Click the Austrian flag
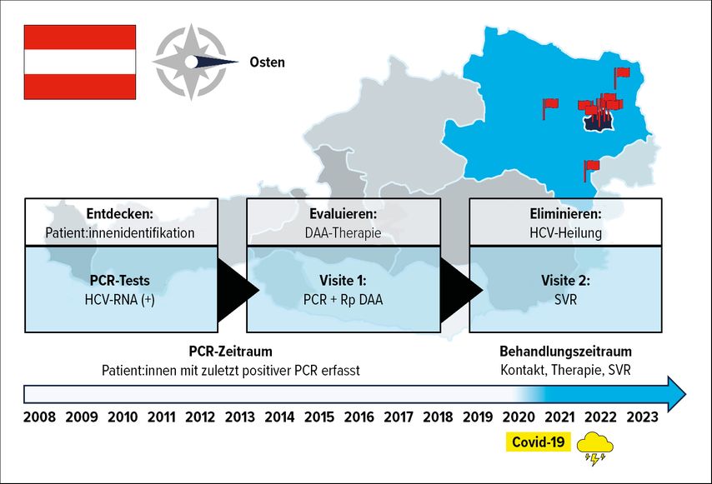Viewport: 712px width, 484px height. coord(80,62)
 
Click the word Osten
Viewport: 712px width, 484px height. coord(267,62)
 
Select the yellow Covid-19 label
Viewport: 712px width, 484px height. coord(538,442)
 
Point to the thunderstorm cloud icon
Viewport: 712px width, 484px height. coord(594,449)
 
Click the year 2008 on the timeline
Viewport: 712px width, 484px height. coord(39,417)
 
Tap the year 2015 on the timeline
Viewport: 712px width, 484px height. coord(319,417)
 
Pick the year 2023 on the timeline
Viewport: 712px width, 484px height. coord(642,417)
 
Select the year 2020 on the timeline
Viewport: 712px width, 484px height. coord(519,417)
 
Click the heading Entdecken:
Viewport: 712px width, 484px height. coord(120,213)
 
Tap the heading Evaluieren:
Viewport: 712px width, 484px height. coord(343,213)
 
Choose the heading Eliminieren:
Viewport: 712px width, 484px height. coord(566,213)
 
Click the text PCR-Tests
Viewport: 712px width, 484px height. coord(120,281)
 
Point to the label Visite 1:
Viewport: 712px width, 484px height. coord(343,281)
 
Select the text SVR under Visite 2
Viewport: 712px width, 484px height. coord(566,300)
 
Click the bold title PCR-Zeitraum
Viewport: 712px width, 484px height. coord(231,351)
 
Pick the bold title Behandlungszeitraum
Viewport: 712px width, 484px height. coord(566,351)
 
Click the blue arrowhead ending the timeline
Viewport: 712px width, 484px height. coord(675,394)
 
